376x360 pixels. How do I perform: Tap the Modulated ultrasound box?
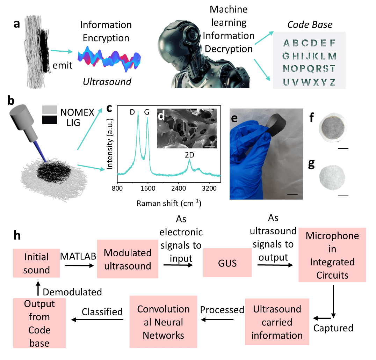pyautogui.click(x=128, y=259)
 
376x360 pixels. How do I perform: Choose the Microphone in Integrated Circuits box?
pyautogui.click(x=332, y=255)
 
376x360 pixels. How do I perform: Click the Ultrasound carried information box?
pyautogui.click(x=277, y=322)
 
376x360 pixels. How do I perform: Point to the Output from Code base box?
pyautogui.click(x=39, y=323)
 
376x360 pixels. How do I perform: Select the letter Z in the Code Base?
pyautogui.click(x=332, y=83)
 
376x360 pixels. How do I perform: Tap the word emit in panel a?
pyautogui.click(x=63, y=65)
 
